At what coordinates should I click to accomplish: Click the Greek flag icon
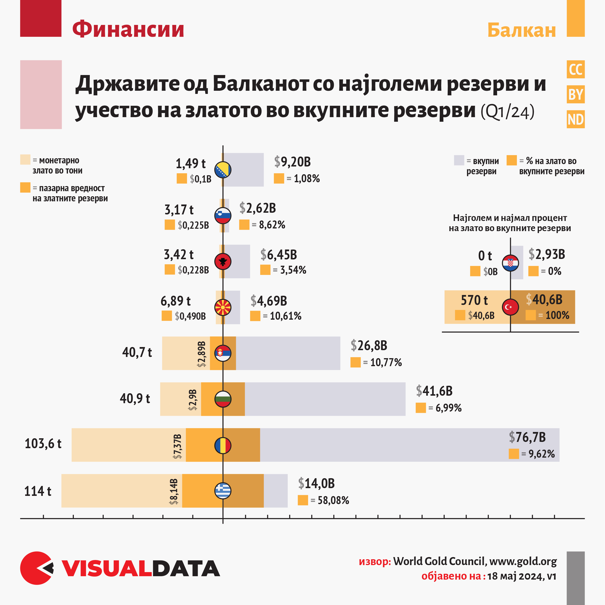tap(223, 491)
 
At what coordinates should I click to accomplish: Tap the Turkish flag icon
tap(510, 307)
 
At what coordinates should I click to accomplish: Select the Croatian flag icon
tap(510, 263)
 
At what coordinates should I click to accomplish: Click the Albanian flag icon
tap(223, 261)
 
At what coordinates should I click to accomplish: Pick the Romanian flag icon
tap(223, 445)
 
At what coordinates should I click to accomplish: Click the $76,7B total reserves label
tap(527, 437)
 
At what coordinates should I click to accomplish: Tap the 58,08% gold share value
tap(333, 500)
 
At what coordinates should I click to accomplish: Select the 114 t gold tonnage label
tap(38, 491)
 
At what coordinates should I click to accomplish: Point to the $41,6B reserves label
tap(434, 391)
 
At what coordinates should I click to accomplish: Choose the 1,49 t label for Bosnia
tap(190, 163)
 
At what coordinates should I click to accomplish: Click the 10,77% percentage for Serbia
tap(386, 363)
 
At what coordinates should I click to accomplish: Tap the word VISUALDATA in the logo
tap(141, 569)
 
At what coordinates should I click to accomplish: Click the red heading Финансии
tap(128, 29)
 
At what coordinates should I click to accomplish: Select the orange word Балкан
tap(522, 30)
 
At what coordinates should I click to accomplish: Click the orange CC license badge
tap(575, 69)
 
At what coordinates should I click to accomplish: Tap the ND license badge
tap(575, 119)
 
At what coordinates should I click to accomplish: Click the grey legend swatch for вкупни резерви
tap(459, 160)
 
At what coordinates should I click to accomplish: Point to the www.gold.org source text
tap(523, 561)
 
